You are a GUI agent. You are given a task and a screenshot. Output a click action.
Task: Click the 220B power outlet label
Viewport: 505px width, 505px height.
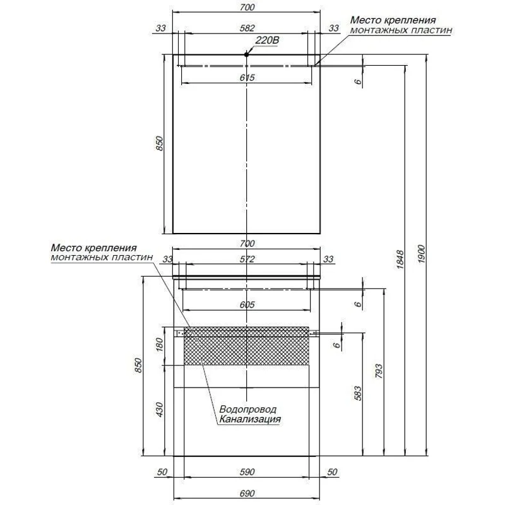(x=267, y=40)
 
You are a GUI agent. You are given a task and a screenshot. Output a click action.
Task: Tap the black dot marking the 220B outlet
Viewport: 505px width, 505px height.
(x=246, y=54)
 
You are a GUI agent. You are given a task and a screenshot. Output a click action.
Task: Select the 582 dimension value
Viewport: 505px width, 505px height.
(x=247, y=28)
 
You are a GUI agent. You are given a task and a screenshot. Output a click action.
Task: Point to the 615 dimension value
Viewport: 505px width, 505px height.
(x=247, y=78)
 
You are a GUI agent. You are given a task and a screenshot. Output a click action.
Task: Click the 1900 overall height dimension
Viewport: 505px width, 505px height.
(x=422, y=254)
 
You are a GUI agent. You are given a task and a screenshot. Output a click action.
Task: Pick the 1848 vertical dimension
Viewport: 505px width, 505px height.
(x=400, y=259)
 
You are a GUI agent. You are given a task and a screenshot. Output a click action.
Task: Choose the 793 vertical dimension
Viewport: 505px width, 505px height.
(x=379, y=371)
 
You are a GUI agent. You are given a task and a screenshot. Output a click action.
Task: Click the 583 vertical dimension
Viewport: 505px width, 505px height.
(x=358, y=393)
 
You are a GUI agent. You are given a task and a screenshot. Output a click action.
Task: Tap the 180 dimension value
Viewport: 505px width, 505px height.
(x=160, y=345)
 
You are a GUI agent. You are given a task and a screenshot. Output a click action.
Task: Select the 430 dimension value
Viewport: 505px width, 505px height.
(x=160, y=409)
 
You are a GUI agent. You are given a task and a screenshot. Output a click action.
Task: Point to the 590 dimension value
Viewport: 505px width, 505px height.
(x=247, y=472)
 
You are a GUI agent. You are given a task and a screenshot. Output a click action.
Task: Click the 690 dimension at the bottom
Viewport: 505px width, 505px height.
(x=247, y=493)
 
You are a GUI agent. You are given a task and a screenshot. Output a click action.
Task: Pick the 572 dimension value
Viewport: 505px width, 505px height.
(x=247, y=259)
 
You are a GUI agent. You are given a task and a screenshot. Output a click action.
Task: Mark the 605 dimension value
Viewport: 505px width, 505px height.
(x=247, y=304)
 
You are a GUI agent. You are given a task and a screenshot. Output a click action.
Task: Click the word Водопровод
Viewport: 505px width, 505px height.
(x=247, y=409)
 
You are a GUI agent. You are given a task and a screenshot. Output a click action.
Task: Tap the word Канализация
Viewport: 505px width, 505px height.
(x=250, y=419)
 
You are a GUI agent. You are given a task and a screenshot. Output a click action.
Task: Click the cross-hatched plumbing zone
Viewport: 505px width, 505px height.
(x=246, y=346)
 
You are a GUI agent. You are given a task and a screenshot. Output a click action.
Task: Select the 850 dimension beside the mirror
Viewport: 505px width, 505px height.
(x=160, y=143)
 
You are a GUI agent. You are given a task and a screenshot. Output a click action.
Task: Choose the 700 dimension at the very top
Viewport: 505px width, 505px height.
(x=247, y=7)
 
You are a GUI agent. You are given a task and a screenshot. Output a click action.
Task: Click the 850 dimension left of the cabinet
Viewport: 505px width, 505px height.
(x=138, y=365)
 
